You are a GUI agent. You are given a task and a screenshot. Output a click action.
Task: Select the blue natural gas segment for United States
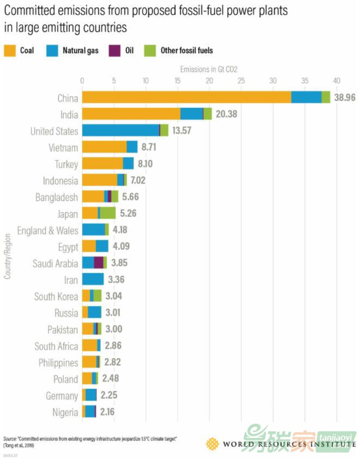click(x=120, y=131)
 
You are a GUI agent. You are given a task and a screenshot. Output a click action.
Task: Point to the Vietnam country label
click(x=63, y=148)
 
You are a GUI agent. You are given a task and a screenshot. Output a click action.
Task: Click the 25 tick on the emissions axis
click(x=241, y=81)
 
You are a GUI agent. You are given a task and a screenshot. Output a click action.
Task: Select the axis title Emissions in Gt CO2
click(x=209, y=69)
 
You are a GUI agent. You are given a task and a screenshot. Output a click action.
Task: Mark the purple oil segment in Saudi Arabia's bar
click(x=99, y=263)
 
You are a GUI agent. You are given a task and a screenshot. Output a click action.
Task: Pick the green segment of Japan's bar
click(x=108, y=213)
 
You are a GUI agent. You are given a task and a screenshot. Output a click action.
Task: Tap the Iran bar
click(x=93, y=280)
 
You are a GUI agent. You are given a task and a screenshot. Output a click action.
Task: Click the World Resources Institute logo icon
click(x=212, y=444)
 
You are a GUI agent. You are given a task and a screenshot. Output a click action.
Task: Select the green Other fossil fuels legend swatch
click(x=150, y=51)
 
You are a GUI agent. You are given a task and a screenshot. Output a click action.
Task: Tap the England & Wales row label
click(x=48, y=230)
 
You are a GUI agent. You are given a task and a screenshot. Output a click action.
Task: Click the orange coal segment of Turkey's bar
click(x=102, y=164)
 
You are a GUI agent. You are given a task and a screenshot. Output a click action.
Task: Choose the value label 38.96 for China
click(x=345, y=97)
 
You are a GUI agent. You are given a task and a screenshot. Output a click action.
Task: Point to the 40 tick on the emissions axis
click(x=337, y=81)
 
